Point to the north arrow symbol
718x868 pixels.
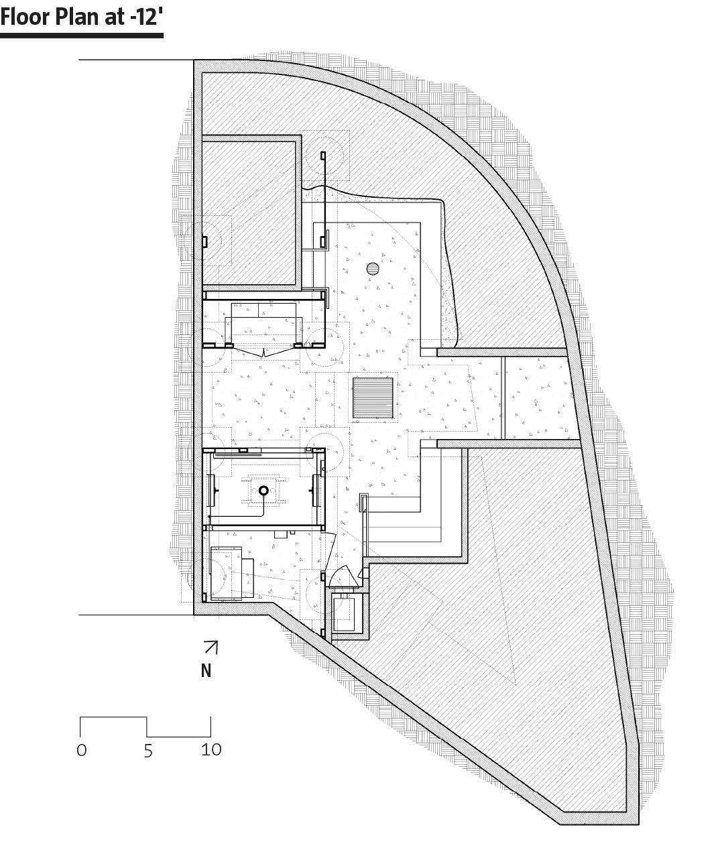tap(211, 647)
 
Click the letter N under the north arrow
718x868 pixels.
tap(206, 670)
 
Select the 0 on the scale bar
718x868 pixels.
tap(82, 749)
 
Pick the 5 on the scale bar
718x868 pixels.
tap(148, 751)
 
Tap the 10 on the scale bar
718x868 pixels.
tap(211, 749)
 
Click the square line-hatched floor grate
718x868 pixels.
tap(373, 398)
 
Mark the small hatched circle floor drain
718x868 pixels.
tap(373, 269)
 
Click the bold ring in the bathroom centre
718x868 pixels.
tap(263, 491)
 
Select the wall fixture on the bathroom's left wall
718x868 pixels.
tap(213, 491)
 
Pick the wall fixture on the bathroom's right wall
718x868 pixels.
tap(315, 491)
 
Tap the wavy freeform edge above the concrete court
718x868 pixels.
tap(375, 195)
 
